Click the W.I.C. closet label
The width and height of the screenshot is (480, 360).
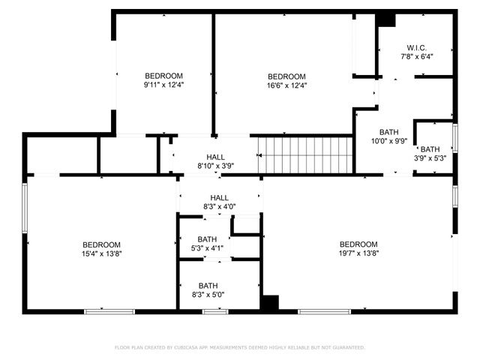click(x=416, y=46)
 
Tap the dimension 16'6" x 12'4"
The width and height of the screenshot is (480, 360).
click(x=287, y=85)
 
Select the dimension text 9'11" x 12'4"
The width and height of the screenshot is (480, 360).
click(x=164, y=85)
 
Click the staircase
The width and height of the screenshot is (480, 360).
click(x=305, y=154)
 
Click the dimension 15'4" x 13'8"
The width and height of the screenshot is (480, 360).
click(x=101, y=254)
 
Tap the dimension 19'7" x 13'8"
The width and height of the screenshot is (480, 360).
click(x=358, y=254)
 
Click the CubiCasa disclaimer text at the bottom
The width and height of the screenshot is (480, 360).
click(x=240, y=347)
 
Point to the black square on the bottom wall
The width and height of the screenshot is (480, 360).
click(x=269, y=303)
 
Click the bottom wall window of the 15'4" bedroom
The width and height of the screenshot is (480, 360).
click(x=109, y=311)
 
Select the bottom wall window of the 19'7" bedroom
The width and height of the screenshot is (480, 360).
click(x=325, y=311)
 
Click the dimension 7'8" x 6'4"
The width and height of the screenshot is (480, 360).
click(x=416, y=56)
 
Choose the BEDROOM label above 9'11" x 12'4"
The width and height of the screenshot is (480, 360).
click(x=164, y=76)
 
